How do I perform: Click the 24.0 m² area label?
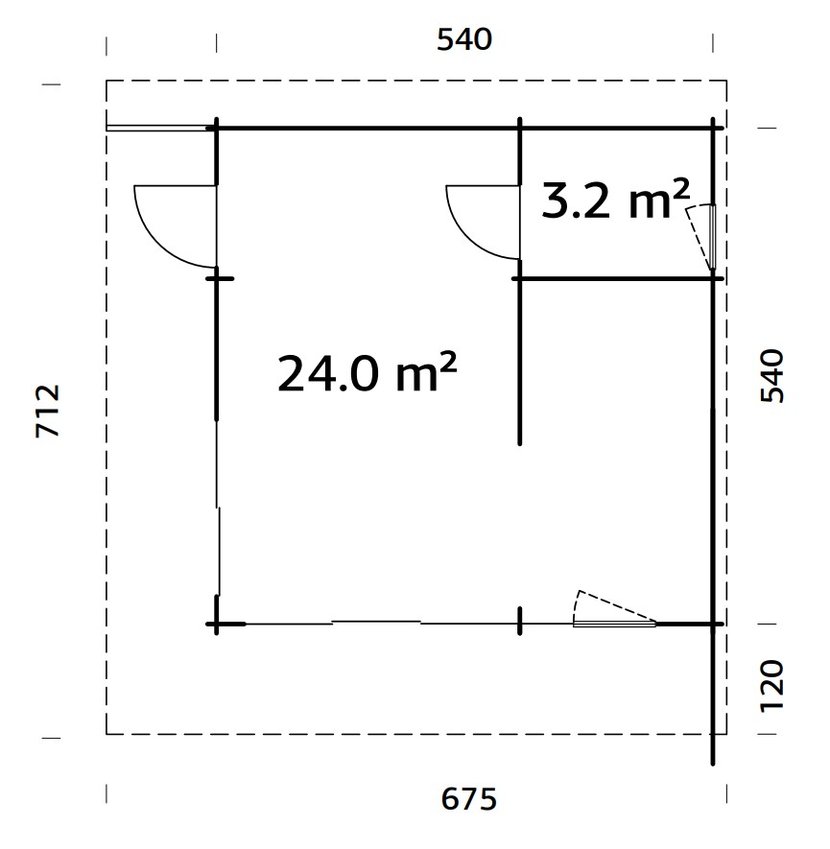click(x=367, y=373)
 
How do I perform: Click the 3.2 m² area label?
click(x=615, y=200)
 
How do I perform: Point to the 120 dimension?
click(x=771, y=685)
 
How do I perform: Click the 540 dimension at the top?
click(x=464, y=39)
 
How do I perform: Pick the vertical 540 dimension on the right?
click(x=771, y=376)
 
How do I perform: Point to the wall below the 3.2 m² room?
click(x=614, y=278)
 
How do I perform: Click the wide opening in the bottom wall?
click(x=376, y=623)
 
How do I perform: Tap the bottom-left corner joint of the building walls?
click(x=218, y=624)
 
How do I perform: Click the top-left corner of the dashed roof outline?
click(x=107, y=81)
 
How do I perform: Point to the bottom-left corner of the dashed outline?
click(x=107, y=734)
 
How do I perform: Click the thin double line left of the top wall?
click(x=158, y=127)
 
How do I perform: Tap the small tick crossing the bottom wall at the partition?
click(x=519, y=622)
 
